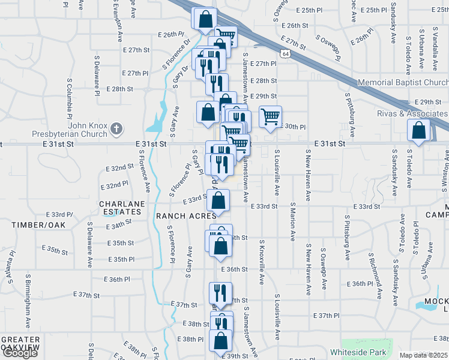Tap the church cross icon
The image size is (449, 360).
click(116, 128)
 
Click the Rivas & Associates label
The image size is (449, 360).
click(411, 113)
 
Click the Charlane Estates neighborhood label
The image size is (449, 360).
click(122, 208)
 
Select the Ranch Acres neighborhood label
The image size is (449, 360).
click(186, 216)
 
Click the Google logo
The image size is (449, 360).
click(20, 353)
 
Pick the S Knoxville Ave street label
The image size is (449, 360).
click(262, 263)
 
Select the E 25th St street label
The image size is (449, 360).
click(313, 10)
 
